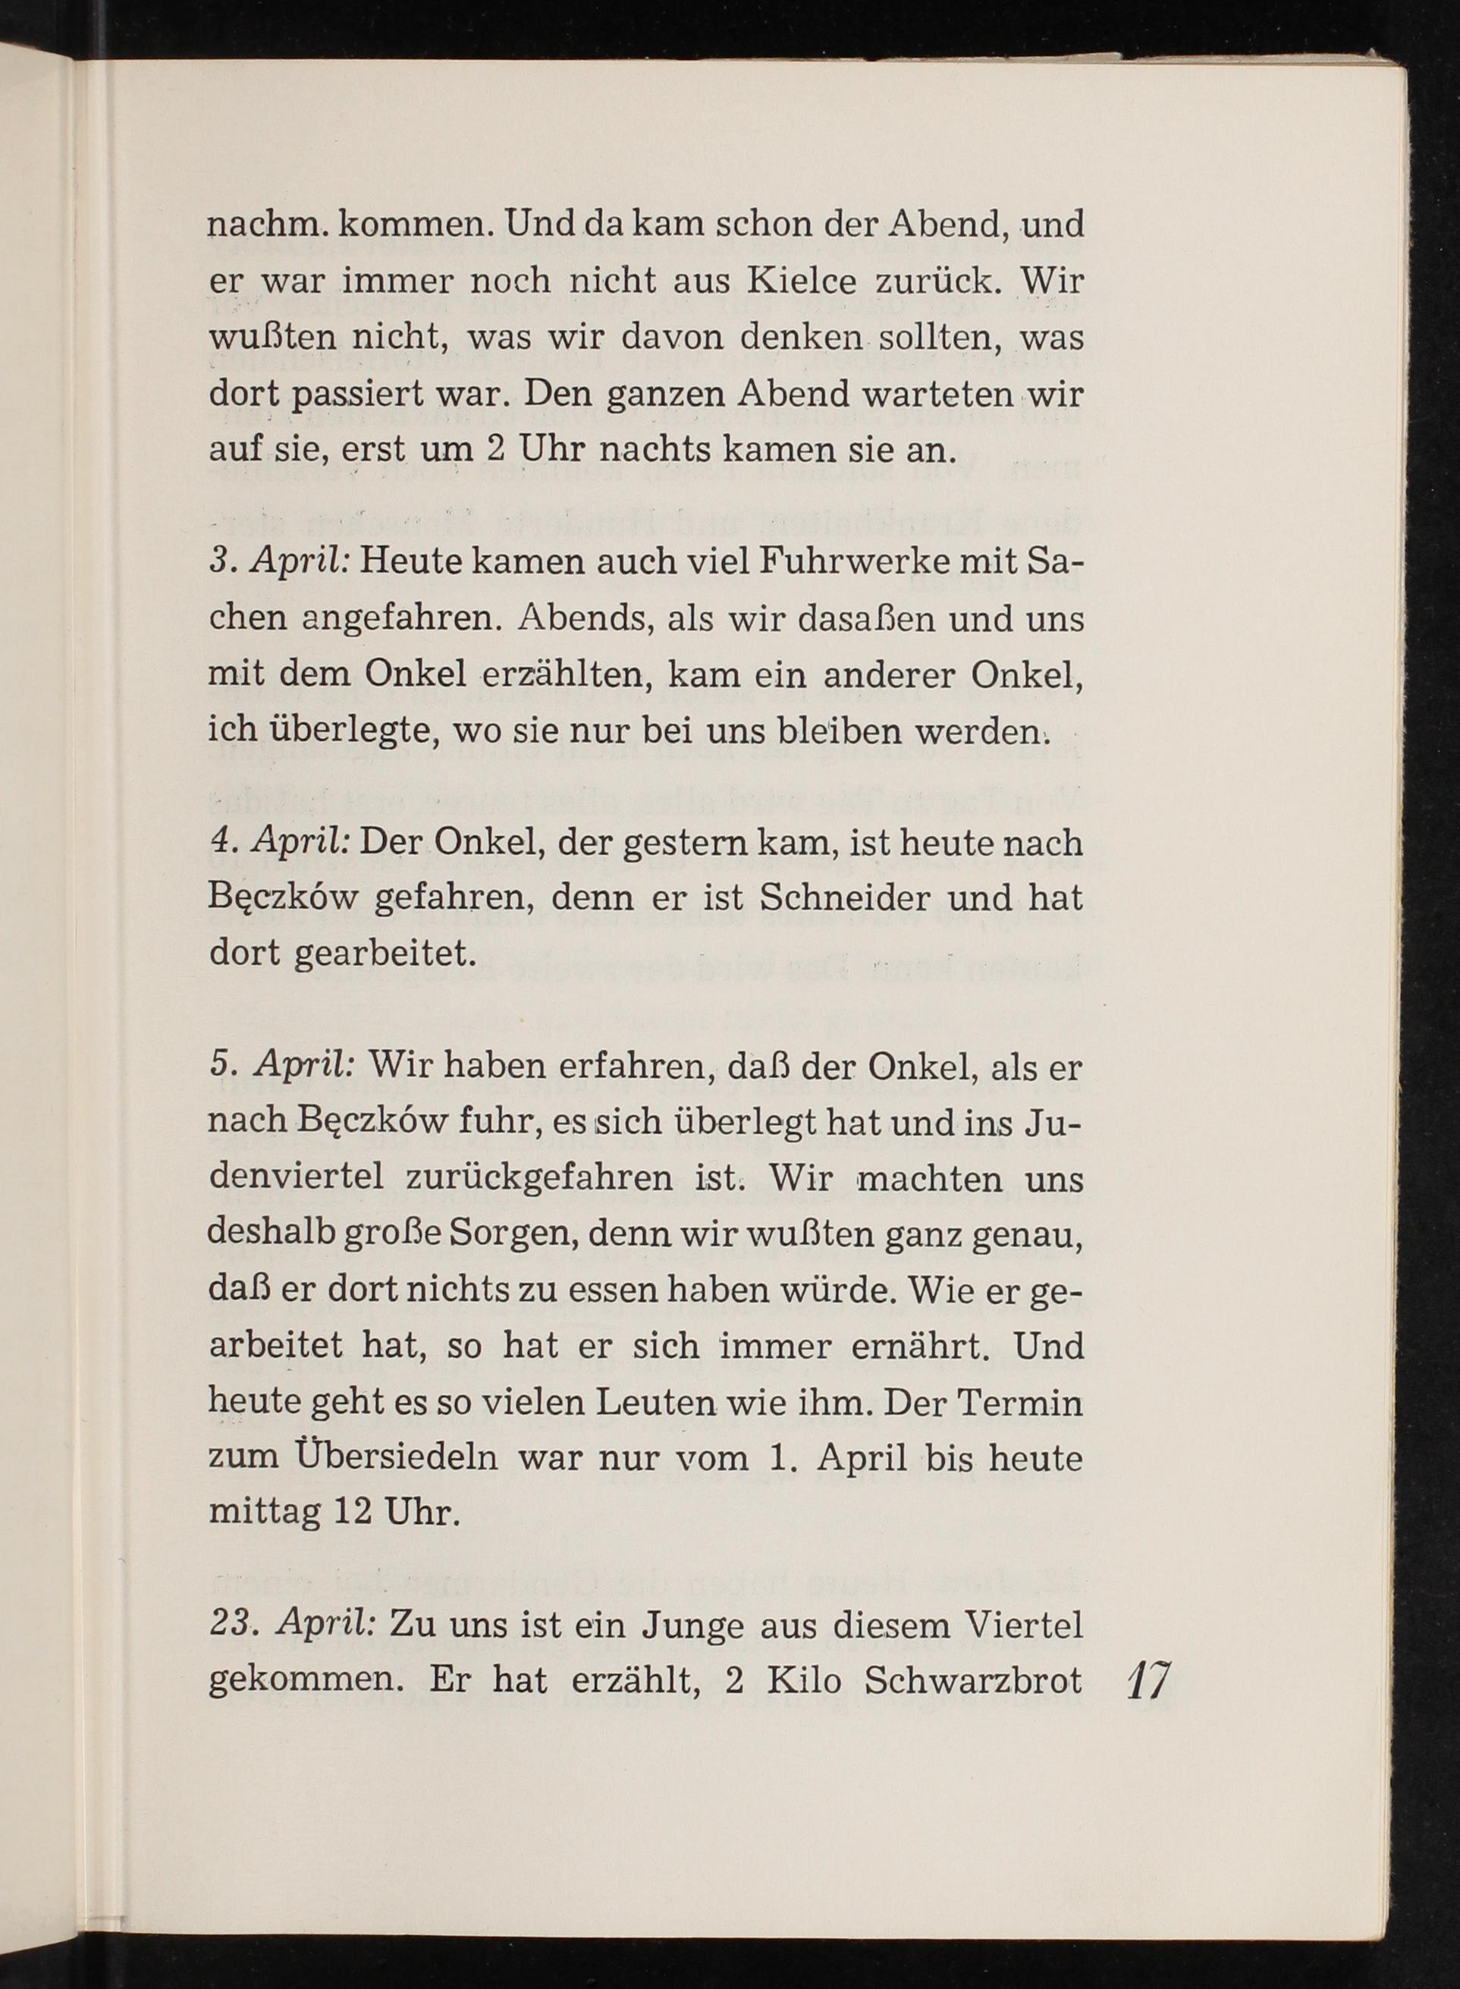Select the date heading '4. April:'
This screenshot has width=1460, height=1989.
pyautogui.click(x=281, y=843)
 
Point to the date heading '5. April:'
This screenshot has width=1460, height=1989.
pyautogui.click(x=282, y=1067)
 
